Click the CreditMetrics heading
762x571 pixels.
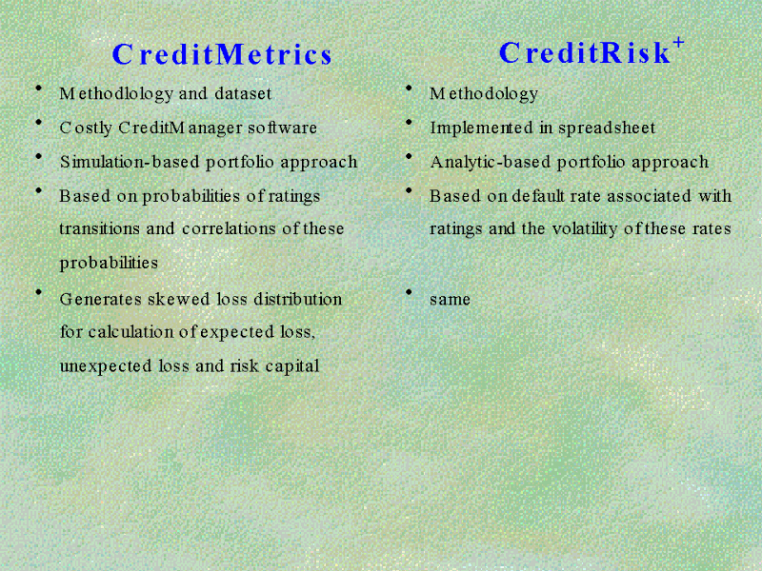coord(222,54)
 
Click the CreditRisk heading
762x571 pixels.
coord(585,52)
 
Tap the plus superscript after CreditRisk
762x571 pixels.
coord(678,44)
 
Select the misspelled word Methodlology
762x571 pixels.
coord(116,93)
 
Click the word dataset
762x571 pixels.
coord(243,92)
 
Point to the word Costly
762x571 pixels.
coord(86,128)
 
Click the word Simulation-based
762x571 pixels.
coord(130,162)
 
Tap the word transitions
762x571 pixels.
coord(100,228)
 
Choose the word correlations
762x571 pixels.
coord(229,228)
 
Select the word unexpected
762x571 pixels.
coord(106,366)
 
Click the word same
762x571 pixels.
coord(450,300)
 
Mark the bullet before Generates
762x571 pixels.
coord(39,292)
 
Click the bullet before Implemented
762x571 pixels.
coord(410,122)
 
